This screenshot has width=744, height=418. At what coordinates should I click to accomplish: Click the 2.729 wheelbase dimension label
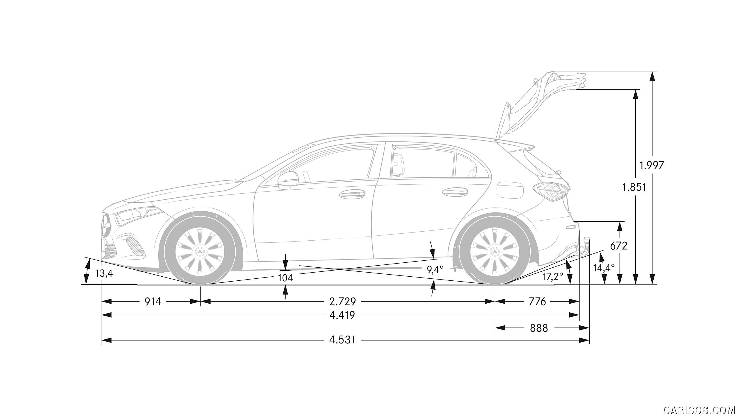[x=343, y=302]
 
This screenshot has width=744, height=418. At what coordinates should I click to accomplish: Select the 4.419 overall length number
[x=342, y=315]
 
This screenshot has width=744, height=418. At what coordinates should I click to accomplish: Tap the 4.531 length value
[x=342, y=340]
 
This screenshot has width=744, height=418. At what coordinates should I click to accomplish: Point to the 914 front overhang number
[x=153, y=302]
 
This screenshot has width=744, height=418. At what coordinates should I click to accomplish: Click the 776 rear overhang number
[x=537, y=302]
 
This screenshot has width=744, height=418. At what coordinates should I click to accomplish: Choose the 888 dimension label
[x=539, y=328]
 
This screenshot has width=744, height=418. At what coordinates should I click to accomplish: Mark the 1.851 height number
[x=634, y=188]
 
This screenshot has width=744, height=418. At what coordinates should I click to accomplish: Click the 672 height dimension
[x=619, y=246]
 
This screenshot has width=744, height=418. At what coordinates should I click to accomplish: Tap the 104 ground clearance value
[x=285, y=278]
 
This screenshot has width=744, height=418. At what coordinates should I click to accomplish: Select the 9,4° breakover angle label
[x=435, y=270]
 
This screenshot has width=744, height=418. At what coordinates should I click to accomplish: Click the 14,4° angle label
[x=604, y=268]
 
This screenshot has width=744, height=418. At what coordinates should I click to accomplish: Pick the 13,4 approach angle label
[x=104, y=273]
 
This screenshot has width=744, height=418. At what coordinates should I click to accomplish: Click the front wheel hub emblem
[x=200, y=251]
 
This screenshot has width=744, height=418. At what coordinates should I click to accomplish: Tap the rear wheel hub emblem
[x=495, y=251]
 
